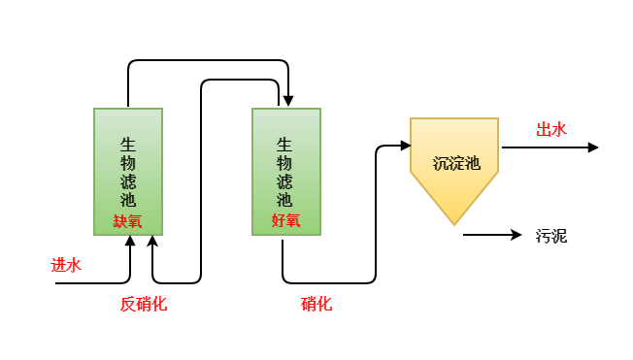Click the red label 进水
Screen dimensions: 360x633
tap(66, 265)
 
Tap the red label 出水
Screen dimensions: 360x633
tap(551, 130)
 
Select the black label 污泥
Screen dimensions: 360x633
tap(550, 235)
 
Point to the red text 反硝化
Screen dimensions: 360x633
tap(143, 304)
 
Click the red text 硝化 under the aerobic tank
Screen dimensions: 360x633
tap(316, 304)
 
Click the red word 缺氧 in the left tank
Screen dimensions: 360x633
tap(127, 221)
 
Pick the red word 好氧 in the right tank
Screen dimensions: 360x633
tap(285, 221)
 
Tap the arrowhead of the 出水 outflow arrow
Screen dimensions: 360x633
tap(592, 147)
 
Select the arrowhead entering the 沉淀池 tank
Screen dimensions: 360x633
tap(405, 147)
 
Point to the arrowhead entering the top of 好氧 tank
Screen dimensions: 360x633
tap(287, 102)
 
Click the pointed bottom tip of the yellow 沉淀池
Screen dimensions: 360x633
tap(454, 222)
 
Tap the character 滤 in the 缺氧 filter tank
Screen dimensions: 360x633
tap(128, 181)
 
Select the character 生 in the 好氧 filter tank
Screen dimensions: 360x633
tap(285, 143)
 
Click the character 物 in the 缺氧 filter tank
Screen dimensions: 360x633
tap(128, 162)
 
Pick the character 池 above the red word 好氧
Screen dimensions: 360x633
tap(285, 200)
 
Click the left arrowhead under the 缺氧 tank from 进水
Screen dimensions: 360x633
tap(129, 241)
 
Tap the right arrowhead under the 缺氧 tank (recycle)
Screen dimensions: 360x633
tap(152, 241)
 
